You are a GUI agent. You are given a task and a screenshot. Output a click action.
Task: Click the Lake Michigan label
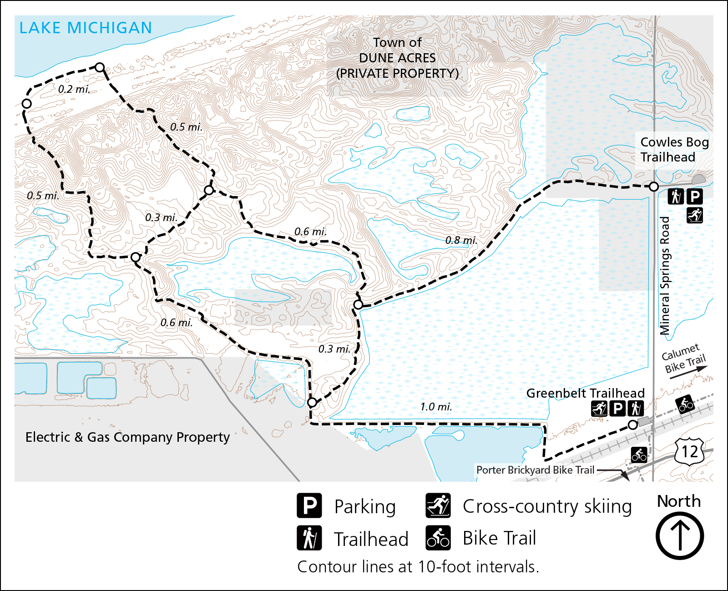point(86,28)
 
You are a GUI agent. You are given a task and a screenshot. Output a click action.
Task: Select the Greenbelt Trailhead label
point(585,393)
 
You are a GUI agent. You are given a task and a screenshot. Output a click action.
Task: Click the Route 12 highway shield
point(689,451)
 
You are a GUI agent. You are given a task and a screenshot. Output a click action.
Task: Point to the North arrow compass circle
point(679,536)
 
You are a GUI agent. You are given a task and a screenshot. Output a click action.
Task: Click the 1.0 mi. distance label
point(435,407)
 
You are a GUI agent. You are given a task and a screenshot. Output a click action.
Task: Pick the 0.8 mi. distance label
point(461,240)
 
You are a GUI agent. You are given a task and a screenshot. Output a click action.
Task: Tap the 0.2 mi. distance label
point(74,89)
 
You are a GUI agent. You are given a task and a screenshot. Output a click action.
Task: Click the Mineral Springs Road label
point(665,276)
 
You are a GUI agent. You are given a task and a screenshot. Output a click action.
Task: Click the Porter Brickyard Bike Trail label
point(535,470)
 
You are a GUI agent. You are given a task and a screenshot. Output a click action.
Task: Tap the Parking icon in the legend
point(309,505)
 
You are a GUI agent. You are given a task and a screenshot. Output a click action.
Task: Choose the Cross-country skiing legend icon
point(438,505)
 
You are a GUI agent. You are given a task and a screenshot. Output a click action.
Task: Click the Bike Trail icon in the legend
point(438,538)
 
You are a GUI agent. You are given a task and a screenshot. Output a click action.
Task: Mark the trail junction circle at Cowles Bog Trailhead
point(653,187)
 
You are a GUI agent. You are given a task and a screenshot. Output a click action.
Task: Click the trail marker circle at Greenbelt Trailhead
point(632,425)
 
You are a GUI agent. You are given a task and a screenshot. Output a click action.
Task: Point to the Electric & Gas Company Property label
point(127,437)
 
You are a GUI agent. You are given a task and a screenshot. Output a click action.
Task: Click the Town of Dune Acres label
point(397,58)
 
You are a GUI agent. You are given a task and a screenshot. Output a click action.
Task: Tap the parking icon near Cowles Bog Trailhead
point(694,197)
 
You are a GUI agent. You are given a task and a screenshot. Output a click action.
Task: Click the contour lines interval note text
point(418,567)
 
